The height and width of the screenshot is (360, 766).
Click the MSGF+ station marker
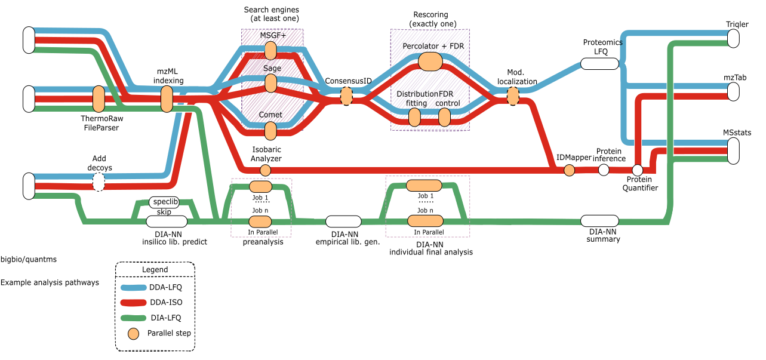point(270,51)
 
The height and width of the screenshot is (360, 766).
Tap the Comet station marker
point(270,130)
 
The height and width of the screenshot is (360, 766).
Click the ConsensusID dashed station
point(346,96)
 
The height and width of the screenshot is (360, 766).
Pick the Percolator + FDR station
point(430,61)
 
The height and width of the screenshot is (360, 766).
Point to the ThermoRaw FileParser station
point(99,99)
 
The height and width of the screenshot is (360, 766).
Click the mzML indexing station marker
point(167,99)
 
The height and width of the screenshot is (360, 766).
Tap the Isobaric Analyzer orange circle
point(266,170)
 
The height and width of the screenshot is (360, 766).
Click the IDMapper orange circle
point(569,170)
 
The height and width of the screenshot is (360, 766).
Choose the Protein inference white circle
point(604,170)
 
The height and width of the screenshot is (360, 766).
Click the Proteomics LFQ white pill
point(599,64)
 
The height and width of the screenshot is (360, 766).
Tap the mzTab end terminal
point(733,92)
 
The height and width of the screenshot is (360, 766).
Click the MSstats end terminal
point(733,149)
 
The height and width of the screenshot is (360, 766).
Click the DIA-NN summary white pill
point(599,221)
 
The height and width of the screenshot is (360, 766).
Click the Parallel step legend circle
point(135,333)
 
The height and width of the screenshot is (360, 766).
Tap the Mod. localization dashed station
point(513,96)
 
